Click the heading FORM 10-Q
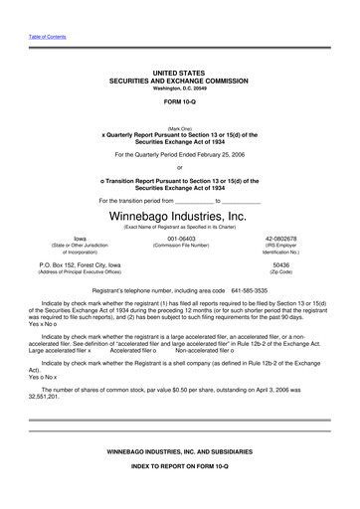pyautogui.click(x=179, y=102)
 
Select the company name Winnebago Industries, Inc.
pyautogui.click(x=179, y=216)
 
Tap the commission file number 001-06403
pyautogui.click(x=180, y=240)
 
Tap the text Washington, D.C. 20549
pyautogui.click(x=179, y=87)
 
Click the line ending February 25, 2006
pyautogui.click(x=179, y=155)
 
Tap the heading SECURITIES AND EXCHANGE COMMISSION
pyautogui.click(x=179, y=81)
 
